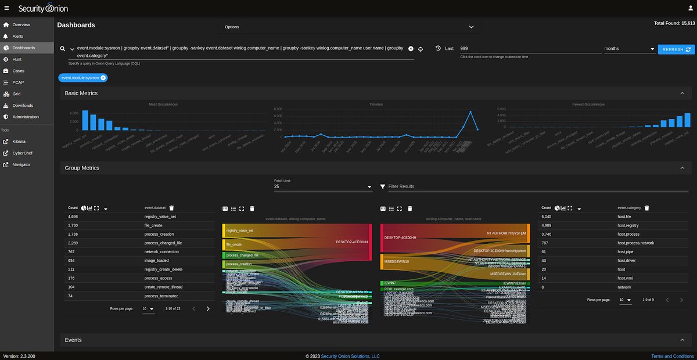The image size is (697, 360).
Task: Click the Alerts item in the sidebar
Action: click(x=17, y=36)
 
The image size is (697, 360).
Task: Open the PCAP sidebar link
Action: click(x=17, y=82)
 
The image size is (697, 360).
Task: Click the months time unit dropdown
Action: click(x=629, y=49)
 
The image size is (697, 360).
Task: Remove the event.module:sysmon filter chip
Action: click(x=103, y=77)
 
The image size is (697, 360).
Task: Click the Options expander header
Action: click(x=348, y=27)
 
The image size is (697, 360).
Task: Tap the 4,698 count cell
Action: click(x=73, y=217)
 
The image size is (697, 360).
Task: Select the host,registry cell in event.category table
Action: click(x=628, y=225)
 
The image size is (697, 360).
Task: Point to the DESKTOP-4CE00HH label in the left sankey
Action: click(x=351, y=242)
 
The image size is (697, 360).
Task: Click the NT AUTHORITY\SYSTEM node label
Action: click(x=506, y=233)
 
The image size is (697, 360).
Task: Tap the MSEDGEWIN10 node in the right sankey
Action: click(x=397, y=261)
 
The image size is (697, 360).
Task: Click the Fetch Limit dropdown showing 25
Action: click(x=322, y=186)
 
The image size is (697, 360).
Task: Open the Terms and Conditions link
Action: click(x=673, y=356)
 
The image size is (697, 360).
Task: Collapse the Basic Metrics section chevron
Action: click(x=682, y=93)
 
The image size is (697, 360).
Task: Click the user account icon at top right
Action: click(x=688, y=9)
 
